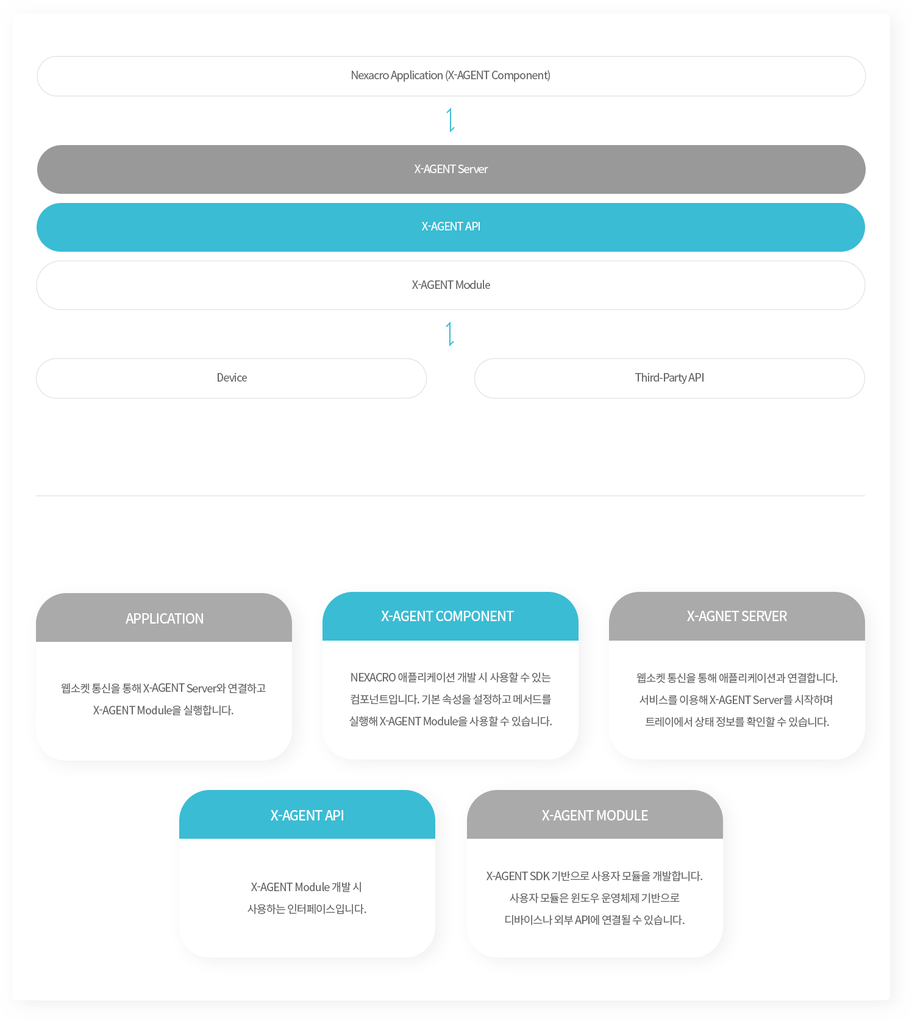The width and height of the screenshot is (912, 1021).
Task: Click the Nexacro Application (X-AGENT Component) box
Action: [x=451, y=76]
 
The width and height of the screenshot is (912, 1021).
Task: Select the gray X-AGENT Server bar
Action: [x=451, y=169]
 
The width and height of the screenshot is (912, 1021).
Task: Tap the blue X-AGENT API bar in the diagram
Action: [x=451, y=227]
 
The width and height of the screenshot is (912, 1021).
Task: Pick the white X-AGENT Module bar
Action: [x=451, y=285]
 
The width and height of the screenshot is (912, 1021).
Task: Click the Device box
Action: [x=231, y=379]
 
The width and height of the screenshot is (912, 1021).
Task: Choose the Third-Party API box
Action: [x=669, y=379]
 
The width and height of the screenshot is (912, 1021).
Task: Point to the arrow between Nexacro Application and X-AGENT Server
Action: [x=451, y=120]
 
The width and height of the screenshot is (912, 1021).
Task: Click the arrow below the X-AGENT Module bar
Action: [x=451, y=334]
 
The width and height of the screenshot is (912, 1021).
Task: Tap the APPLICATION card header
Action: [x=164, y=617]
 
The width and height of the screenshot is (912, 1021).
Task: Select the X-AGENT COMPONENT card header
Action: [x=451, y=616]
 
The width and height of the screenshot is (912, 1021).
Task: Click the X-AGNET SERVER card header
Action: [x=737, y=616]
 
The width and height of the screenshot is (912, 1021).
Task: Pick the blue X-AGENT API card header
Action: [x=307, y=814]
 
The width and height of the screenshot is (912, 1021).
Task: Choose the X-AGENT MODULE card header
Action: [x=595, y=814]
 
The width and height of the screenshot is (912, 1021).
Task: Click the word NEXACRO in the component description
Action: [x=373, y=677]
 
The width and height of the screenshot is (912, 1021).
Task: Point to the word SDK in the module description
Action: [x=540, y=876]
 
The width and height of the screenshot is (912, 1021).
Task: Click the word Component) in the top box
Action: [x=521, y=76]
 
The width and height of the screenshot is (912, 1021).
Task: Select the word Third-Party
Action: [x=661, y=378]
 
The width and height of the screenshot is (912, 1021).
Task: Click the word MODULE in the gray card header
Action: [x=622, y=816]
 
